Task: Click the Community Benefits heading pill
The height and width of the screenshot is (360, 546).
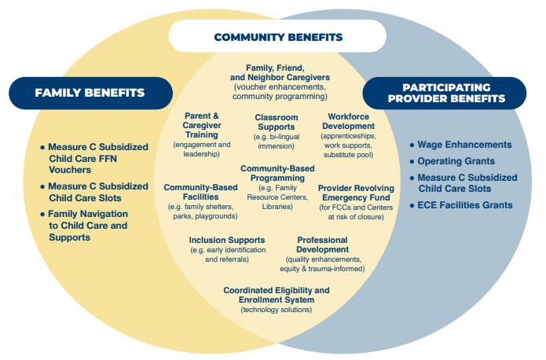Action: [x=278, y=37]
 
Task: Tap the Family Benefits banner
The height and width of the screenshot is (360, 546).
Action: [x=90, y=93]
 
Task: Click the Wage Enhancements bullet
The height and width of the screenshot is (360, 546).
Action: [x=465, y=145]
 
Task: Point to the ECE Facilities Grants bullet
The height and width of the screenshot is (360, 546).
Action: [x=465, y=205]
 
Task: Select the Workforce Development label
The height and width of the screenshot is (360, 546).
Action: [x=350, y=121]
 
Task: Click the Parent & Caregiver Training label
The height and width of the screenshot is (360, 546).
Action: [x=202, y=125]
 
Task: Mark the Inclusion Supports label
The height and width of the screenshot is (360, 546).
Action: [x=227, y=241]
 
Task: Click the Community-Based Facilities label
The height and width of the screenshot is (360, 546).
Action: [x=202, y=193]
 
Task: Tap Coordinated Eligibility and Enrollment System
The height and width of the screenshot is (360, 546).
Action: [x=276, y=295]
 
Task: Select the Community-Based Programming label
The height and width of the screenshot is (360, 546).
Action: [x=276, y=174]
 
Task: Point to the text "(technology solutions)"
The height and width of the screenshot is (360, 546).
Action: [x=276, y=310]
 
